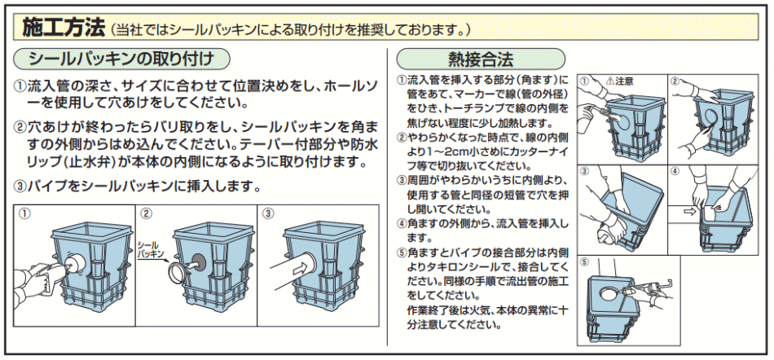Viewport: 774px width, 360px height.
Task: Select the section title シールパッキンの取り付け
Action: coord(121,59)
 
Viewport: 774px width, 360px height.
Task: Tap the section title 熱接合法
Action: coord(480,59)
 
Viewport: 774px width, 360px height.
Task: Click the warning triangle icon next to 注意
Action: coord(610,81)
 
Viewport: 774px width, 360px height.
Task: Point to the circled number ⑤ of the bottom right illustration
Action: coord(585,262)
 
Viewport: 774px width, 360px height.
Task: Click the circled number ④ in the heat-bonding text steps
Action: coord(401,222)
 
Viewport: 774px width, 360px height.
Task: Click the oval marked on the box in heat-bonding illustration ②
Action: coord(714,120)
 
